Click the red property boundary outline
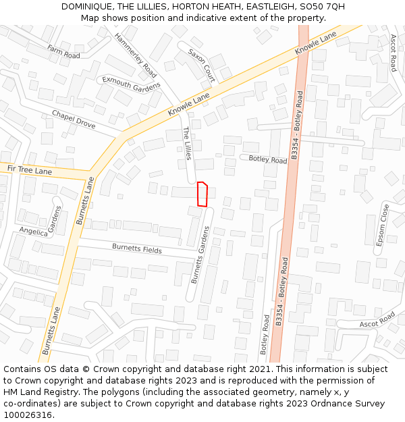click(201, 194)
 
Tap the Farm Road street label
click(63, 51)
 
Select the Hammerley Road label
click(136, 55)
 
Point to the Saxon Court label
click(202, 65)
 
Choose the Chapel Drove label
click(74, 120)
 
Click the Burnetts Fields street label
click(137, 249)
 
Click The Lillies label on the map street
click(188, 144)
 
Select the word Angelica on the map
click(34, 232)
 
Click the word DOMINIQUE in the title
click(88, 7)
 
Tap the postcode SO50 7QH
click(321, 7)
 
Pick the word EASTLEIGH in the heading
click(264, 7)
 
